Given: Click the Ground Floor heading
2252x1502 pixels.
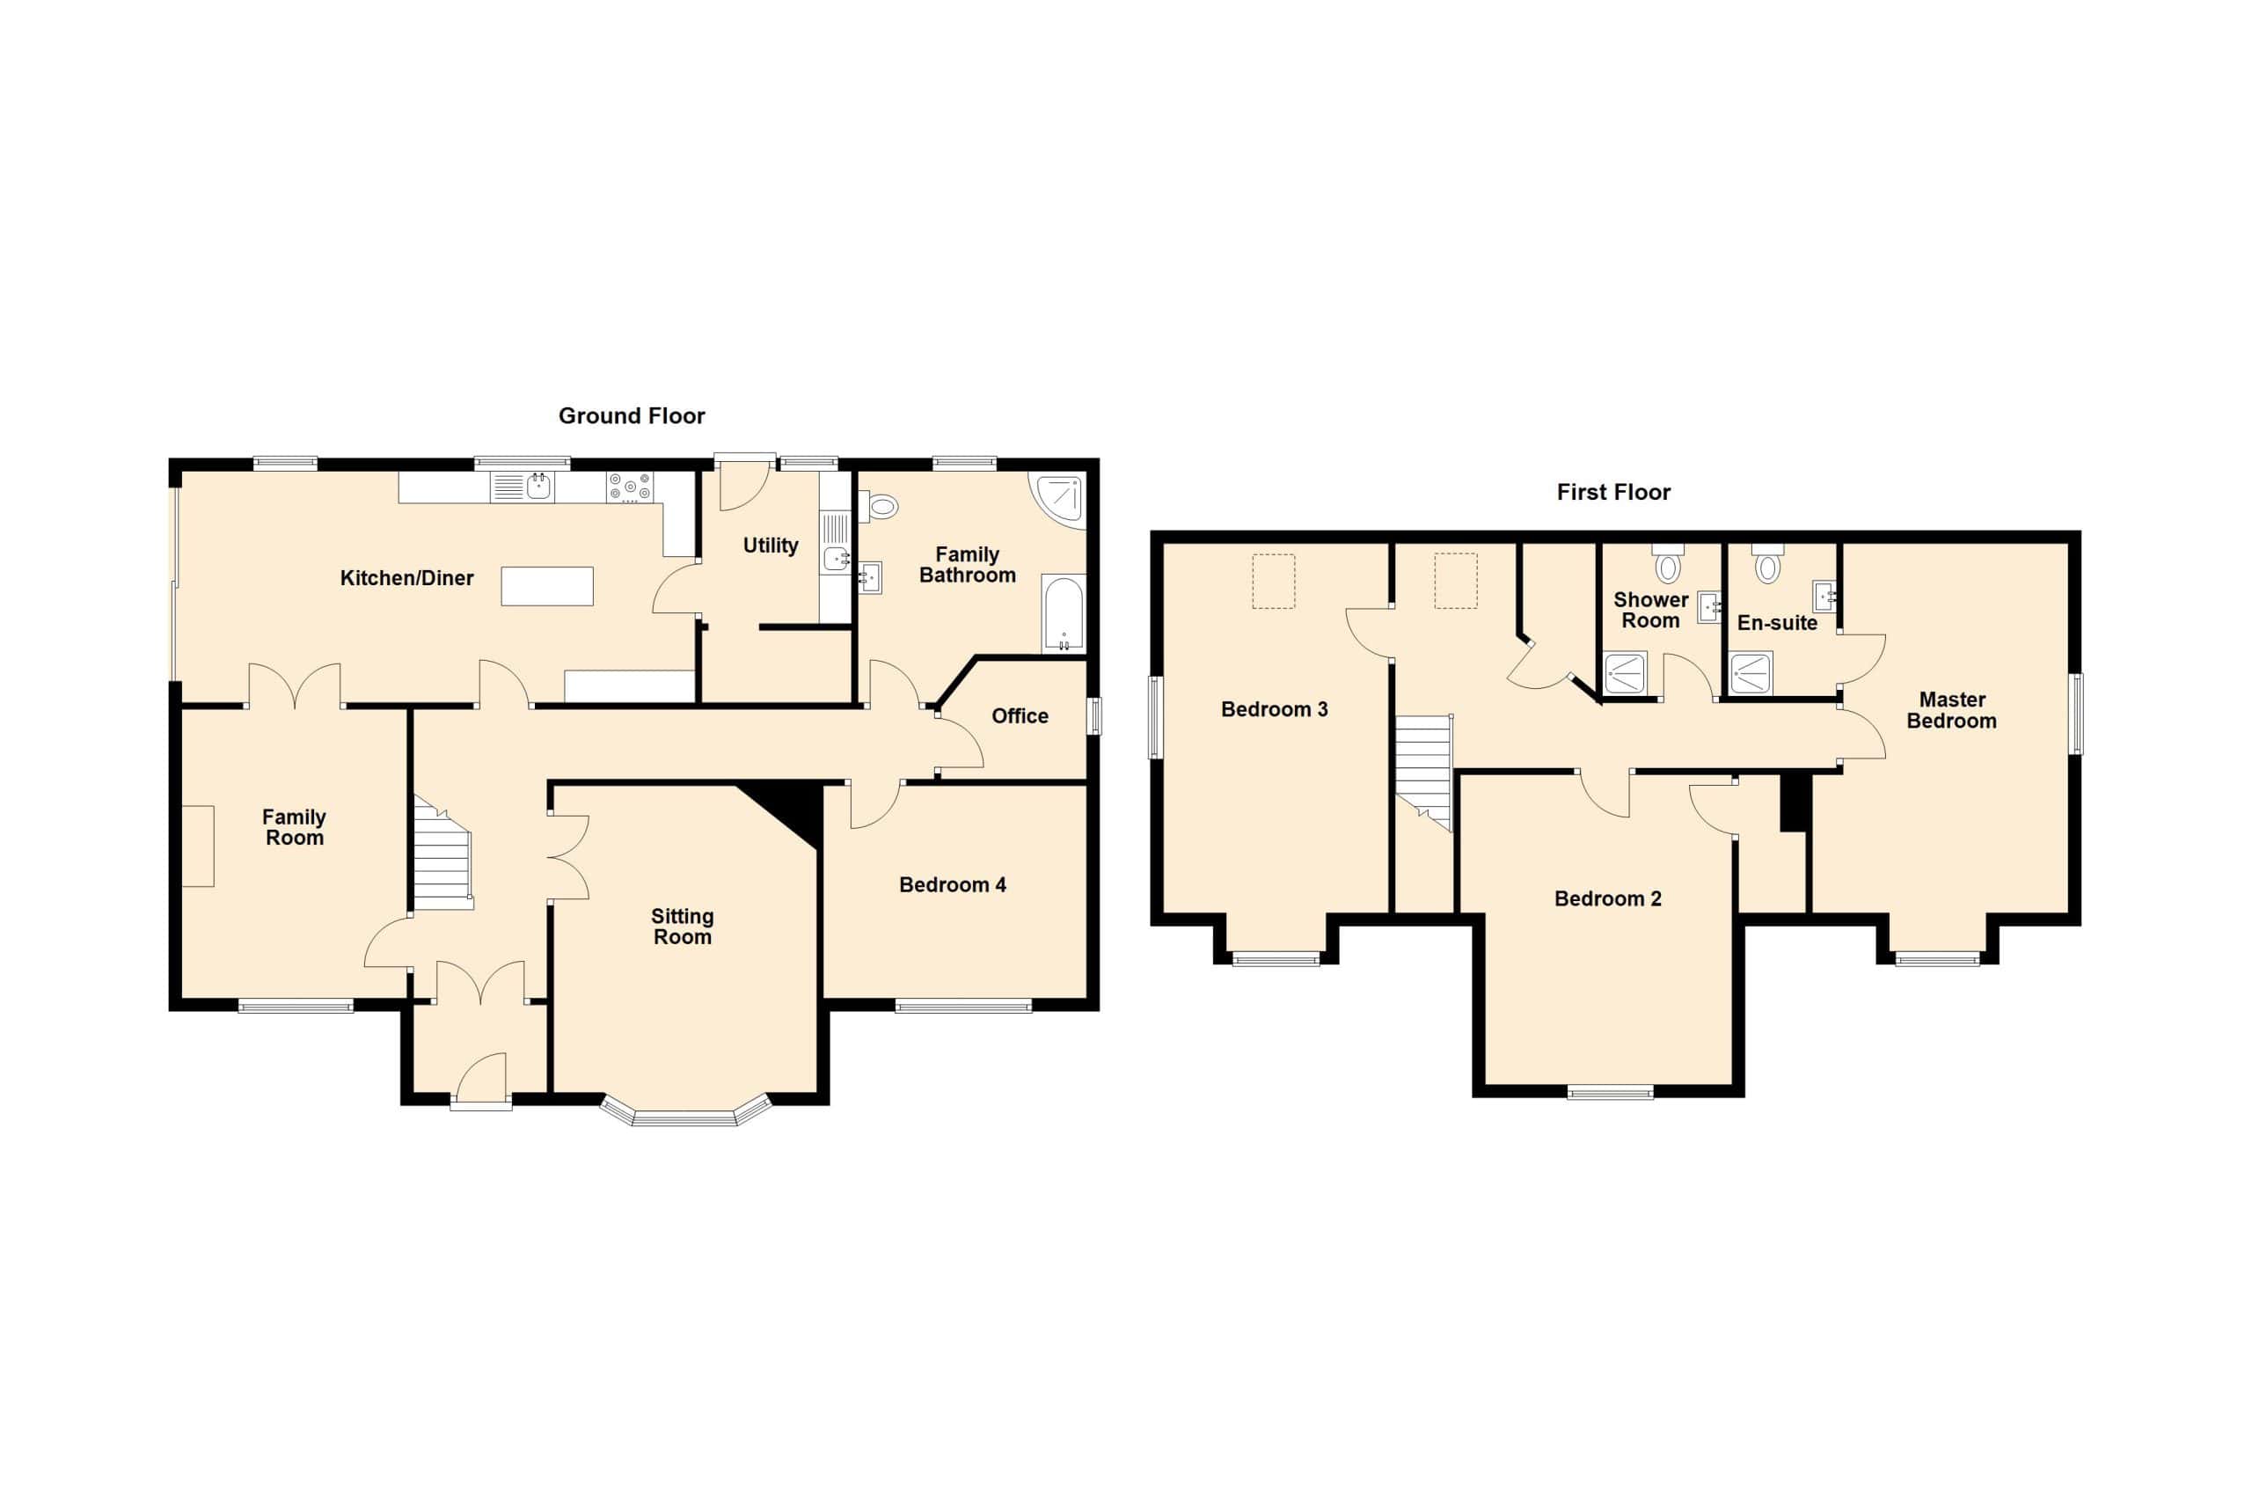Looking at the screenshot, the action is pyautogui.click(x=632, y=415).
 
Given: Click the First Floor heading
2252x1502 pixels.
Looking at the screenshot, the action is pyautogui.click(x=1613, y=493).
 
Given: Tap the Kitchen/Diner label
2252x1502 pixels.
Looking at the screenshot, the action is pyautogui.click(x=407, y=577).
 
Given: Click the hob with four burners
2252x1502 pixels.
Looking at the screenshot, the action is pyautogui.click(x=630, y=487).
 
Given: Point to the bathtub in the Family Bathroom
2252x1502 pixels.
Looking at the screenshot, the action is pyautogui.click(x=1064, y=613).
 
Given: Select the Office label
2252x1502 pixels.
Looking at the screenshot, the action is pyautogui.click(x=1020, y=716).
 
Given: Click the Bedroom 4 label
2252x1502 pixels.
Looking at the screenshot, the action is pyautogui.click(x=953, y=885).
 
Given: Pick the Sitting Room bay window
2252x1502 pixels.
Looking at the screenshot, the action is pyautogui.click(x=685, y=1110).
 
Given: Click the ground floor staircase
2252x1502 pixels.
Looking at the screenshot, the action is pyautogui.click(x=442, y=852).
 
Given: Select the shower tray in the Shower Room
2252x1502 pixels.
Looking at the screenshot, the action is pyautogui.click(x=1625, y=672).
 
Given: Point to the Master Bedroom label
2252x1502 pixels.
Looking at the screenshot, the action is pyautogui.click(x=1951, y=711).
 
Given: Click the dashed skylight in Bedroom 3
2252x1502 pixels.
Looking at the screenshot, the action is pyautogui.click(x=1275, y=581).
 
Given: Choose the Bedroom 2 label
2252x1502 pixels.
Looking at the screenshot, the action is pyautogui.click(x=1607, y=898).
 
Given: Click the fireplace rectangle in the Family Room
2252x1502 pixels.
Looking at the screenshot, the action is pyautogui.click(x=198, y=846).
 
